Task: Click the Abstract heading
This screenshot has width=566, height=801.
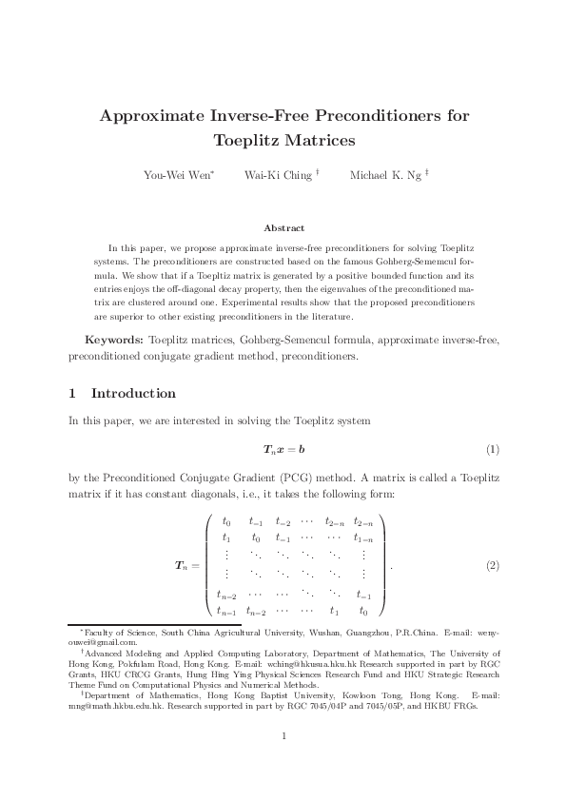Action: click(283, 228)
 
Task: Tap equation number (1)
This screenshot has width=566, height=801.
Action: click(493, 448)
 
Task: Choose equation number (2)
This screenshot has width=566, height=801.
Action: click(493, 566)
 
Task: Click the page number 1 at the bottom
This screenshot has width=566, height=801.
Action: click(283, 735)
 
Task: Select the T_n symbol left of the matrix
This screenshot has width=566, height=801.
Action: click(181, 567)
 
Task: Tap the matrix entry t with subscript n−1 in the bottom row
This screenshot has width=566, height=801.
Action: click(228, 612)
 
